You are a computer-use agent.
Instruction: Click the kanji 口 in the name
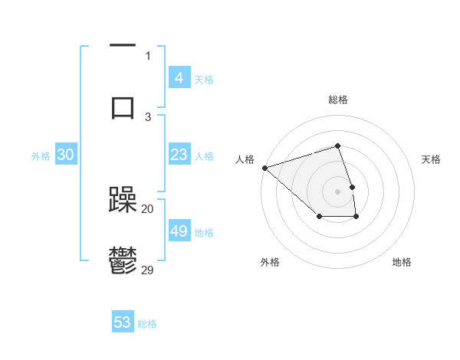pos(123,106)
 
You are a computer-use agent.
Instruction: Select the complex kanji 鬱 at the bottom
pos(123,261)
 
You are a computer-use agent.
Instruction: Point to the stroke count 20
pos(148,208)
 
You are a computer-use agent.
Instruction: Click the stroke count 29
pos(148,270)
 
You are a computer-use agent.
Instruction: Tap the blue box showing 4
pos(179,78)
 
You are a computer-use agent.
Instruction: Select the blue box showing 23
pos(179,155)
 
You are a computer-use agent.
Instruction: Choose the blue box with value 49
pos(179,231)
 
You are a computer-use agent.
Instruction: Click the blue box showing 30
pos(66,155)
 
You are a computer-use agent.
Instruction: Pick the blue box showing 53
pos(123,322)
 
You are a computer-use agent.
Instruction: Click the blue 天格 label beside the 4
pos(204,79)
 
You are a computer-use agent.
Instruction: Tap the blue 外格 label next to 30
pos(41,155)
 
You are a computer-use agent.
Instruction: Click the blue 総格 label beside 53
pos(147,323)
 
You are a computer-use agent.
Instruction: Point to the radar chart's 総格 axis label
pos(338,100)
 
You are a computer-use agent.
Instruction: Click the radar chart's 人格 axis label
pos(245,159)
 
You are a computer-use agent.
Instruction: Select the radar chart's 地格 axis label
pos(402,262)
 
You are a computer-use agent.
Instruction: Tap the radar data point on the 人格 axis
pos(264,167)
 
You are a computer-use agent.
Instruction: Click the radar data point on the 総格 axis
pos(338,146)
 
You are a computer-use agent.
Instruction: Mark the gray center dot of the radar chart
pos(338,191)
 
